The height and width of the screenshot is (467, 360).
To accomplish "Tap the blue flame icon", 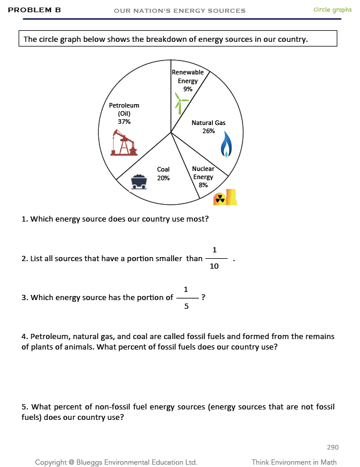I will (226, 145).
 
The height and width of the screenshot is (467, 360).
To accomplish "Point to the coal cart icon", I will (138, 181).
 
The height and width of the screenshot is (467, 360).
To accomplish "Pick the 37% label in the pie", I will (124, 122).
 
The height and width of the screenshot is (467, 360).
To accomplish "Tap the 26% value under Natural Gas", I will (208, 131).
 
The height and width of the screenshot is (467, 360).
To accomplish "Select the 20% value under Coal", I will (163, 178).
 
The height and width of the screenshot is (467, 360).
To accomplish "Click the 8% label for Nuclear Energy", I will (203, 185).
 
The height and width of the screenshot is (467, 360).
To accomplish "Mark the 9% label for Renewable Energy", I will (187, 90).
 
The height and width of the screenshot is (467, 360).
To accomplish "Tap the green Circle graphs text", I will (332, 10).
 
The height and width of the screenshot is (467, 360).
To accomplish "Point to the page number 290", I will (333, 447).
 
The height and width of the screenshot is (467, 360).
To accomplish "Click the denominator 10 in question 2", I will (215, 266).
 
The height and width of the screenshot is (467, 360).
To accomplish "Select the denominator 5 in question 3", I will (186, 306).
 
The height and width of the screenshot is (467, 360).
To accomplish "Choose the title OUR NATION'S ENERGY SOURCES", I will (180, 11).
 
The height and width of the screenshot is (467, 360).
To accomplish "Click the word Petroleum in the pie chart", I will (124, 105).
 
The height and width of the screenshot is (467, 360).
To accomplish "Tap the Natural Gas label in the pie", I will (208, 123).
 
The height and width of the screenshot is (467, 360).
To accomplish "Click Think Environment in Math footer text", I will (295, 462).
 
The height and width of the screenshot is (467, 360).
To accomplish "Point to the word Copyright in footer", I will (51, 462).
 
